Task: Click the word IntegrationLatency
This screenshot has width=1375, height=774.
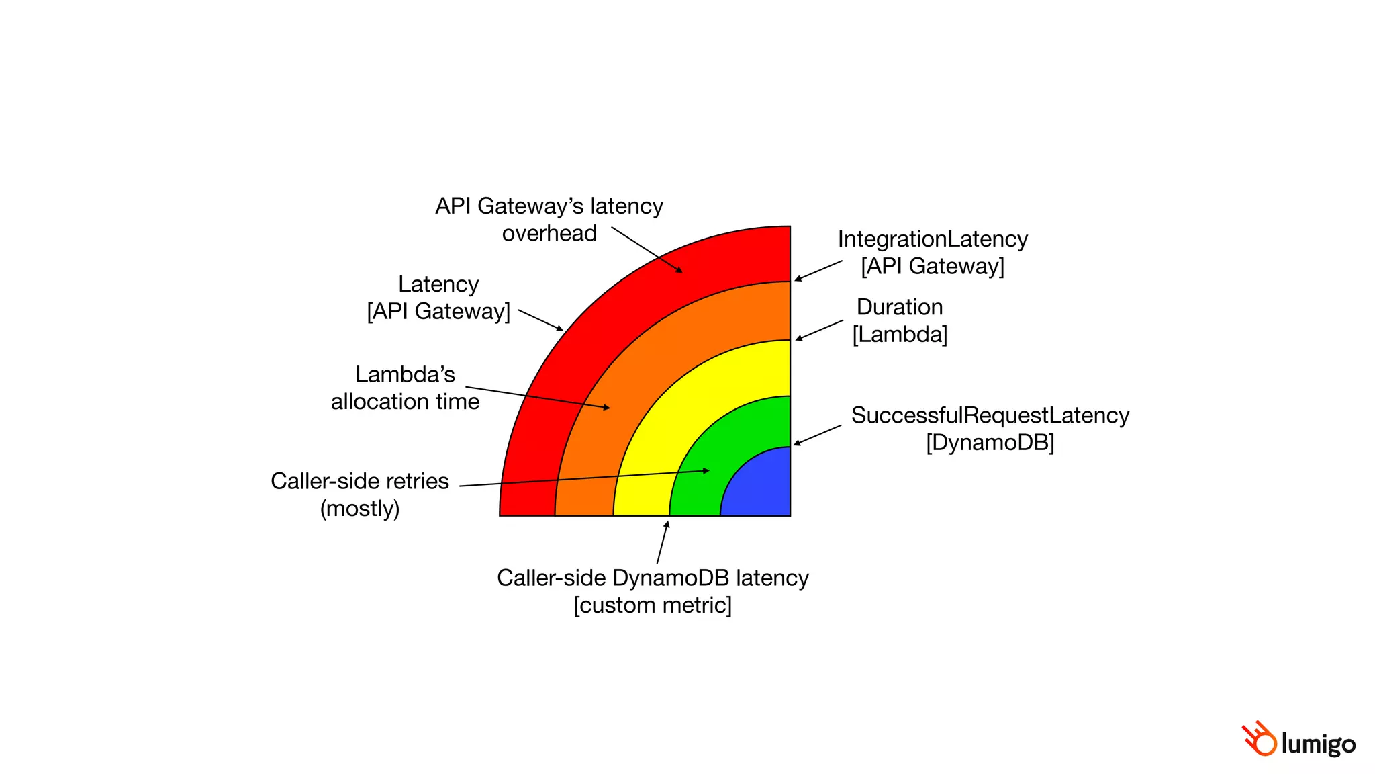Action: click(933, 239)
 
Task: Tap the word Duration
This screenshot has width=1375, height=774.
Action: click(900, 307)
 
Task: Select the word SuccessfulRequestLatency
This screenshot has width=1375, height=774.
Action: click(990, 415)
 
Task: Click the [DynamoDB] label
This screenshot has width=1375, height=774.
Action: click(990, 443)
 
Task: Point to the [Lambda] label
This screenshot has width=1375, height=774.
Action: click(900, 335)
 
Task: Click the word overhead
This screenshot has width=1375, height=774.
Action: click(549, 234)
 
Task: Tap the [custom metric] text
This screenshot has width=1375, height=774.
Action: click(653, 605)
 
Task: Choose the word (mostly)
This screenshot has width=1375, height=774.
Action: click(360, 509)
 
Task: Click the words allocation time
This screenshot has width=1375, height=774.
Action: click(405, 402)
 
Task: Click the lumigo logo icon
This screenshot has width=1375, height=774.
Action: click(1258, 739)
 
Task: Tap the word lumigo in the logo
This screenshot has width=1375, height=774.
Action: click(1318, 744)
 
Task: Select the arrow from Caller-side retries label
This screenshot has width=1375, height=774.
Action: click(584, 478)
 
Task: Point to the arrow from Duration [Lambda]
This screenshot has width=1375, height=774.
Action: click(819, 330)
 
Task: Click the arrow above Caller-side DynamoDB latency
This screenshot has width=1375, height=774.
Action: click(663, 542)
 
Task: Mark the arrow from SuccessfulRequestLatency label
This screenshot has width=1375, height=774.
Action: click(817, 435)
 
